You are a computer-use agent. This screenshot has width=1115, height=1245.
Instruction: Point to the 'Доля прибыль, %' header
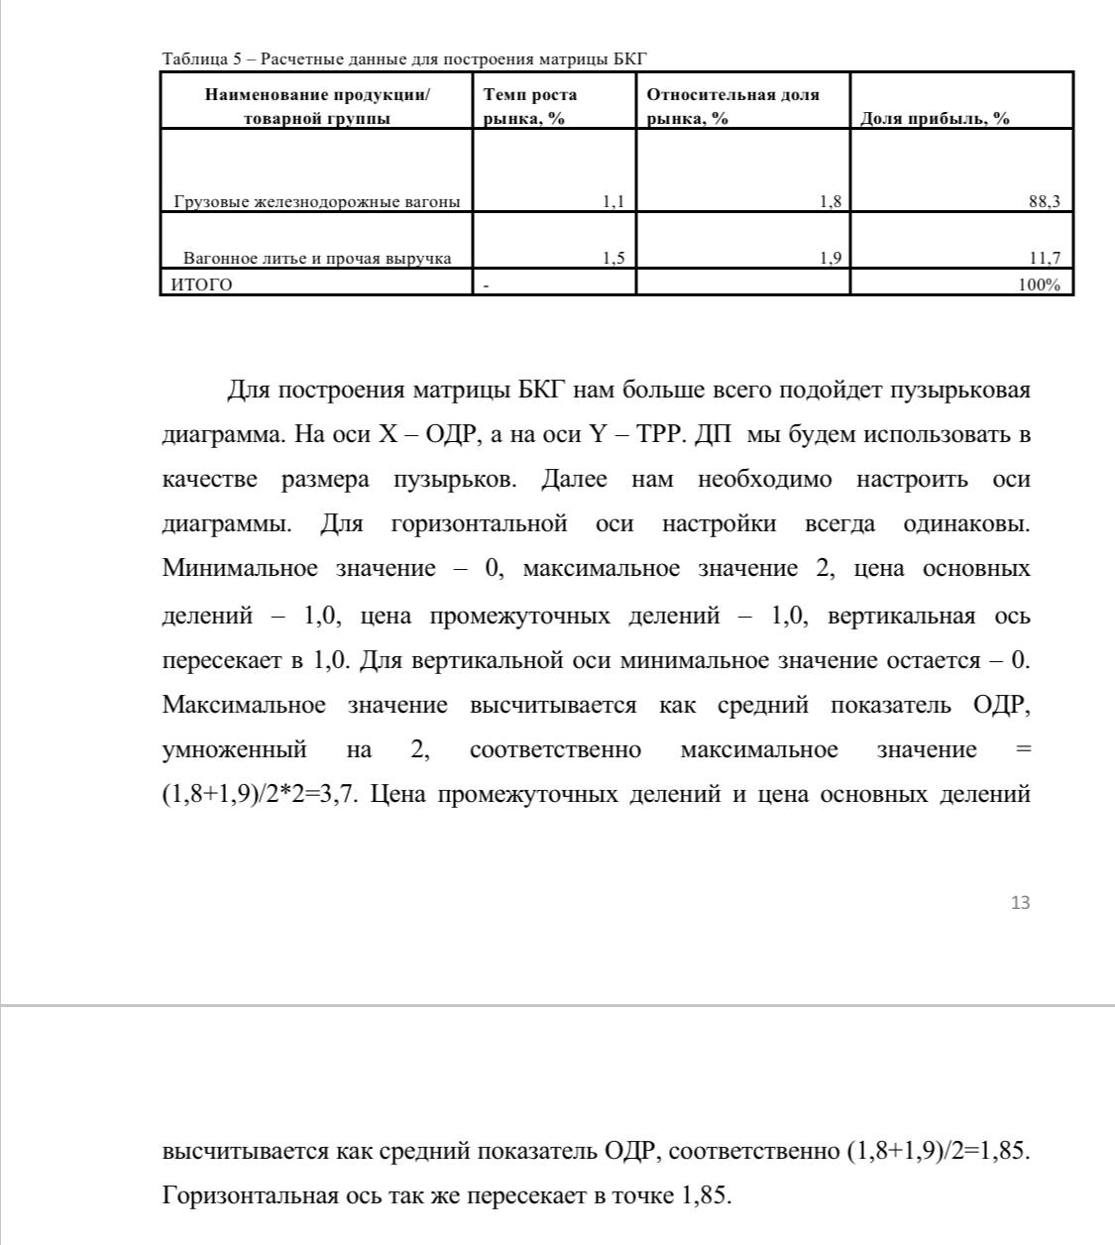pyautogui.click(x=935, y=119)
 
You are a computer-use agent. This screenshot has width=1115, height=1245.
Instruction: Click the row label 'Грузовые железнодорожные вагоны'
pyautogui.click(x=317, y=202)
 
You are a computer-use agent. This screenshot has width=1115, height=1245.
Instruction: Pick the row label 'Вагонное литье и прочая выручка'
pyautogui.click(x=317, y=259)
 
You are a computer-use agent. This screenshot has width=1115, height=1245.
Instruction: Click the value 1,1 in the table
pyautogui.click(x=613, y=202)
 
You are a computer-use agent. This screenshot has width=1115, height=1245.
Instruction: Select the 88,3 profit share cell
pyautogui.click(x=1045, y=202)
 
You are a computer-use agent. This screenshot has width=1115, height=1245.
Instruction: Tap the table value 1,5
pyautogui.click(x=613, y=259)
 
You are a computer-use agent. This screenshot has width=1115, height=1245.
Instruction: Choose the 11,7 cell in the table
pyautogui.click(x=1045, y=259)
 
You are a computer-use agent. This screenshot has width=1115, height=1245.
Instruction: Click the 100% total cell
pyautogui.click(x=1040, y=285)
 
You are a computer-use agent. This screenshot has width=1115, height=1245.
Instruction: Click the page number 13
pyautogui.click(x=1020, y=902)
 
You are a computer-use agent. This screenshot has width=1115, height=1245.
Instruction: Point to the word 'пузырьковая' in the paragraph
pyautogui.click(x=957, y=390)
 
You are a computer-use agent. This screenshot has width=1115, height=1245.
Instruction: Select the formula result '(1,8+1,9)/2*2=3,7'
pyautogui.click(x=265, y=795)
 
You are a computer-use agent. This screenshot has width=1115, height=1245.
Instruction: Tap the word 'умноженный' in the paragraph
pyautogui.click(x=234, y=749)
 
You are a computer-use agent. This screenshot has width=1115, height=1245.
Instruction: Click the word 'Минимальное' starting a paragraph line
pyautogui.click(x=240, y=569)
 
